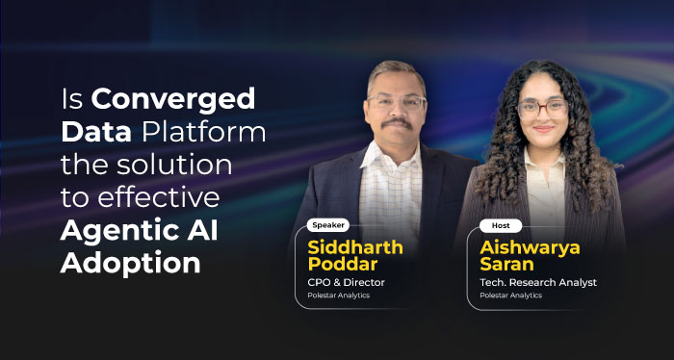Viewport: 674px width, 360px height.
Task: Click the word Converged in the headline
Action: [x=173, y=98]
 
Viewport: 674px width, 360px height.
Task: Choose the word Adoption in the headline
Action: [x=130, y=263]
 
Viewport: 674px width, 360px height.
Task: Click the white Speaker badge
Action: [x=329, y=225]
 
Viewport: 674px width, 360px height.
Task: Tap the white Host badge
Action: [x=501, y=225]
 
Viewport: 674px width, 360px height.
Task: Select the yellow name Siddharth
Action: [x=354, y=246]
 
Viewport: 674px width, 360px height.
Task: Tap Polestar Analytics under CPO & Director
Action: [x=339, y=296]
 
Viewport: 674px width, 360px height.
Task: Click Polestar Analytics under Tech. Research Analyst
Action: [x=510, y=296]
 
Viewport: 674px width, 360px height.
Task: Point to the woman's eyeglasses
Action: [x=543, y=108]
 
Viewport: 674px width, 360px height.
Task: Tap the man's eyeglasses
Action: [x=395, y=101]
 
